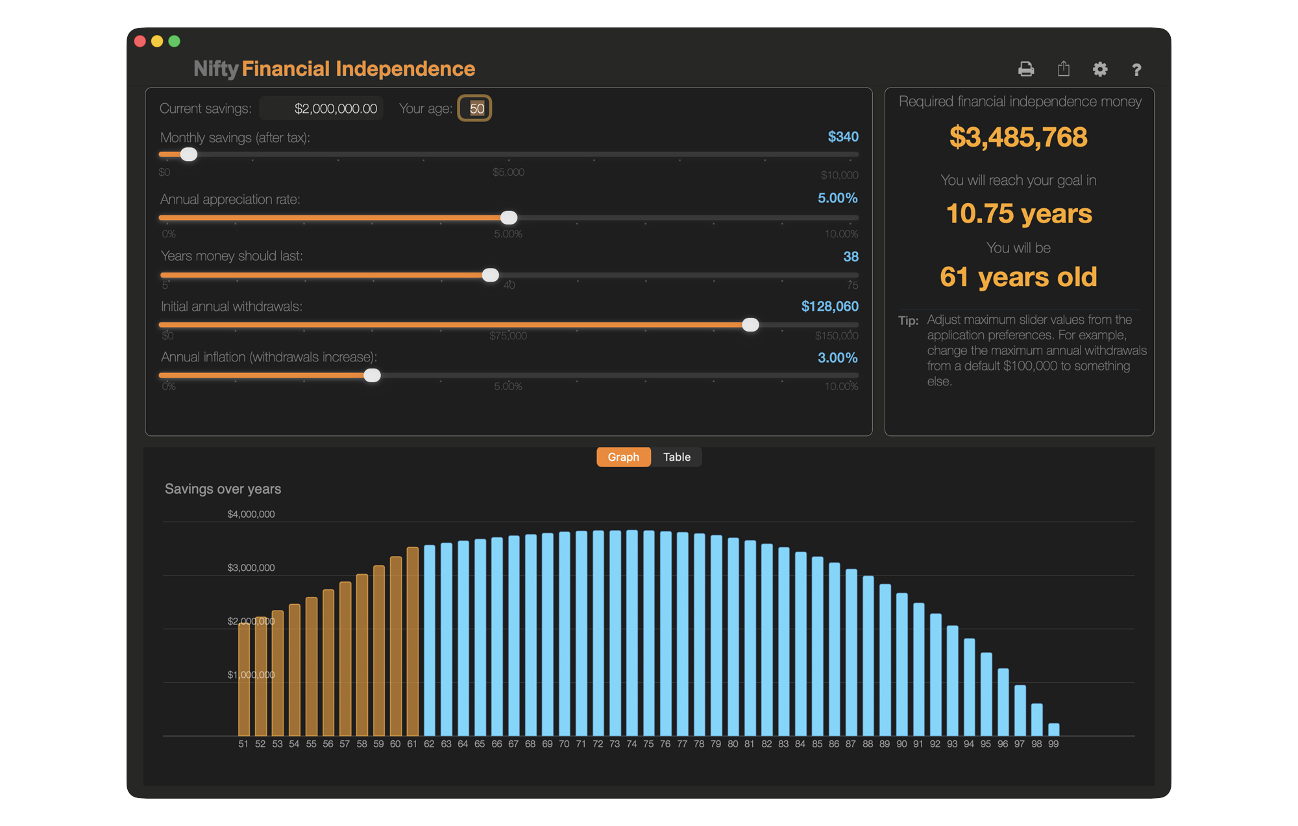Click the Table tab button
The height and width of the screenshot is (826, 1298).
point(676,457)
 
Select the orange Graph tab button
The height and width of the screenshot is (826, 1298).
point(623,457)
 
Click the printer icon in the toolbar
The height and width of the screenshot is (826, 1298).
point(1025,69)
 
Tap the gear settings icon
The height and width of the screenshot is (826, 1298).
point(1099,69)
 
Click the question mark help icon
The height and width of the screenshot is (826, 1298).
point(1136,69)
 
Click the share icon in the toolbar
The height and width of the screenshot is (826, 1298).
point(1063,69)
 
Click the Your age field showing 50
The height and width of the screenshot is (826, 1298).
point(475,108)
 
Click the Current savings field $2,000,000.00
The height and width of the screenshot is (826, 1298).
point(322,108)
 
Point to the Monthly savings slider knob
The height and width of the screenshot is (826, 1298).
point(189,154)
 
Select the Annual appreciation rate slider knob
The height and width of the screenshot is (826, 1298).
point(509,217)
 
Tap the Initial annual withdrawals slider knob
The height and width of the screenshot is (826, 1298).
point(750,324)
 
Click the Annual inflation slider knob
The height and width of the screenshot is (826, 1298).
point(372,375)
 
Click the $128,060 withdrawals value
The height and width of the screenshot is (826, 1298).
point(829,306)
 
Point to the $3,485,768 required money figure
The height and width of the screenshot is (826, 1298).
point(1018,137)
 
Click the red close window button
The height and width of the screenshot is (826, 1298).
point(140,41)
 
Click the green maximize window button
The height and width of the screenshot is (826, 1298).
point(174,41)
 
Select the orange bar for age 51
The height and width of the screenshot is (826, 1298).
point(244,678)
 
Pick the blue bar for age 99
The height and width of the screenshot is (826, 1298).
point(1053,729)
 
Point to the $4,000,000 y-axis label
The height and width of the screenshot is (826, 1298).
point(251,514)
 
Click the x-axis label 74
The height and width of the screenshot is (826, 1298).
point(631,744)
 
